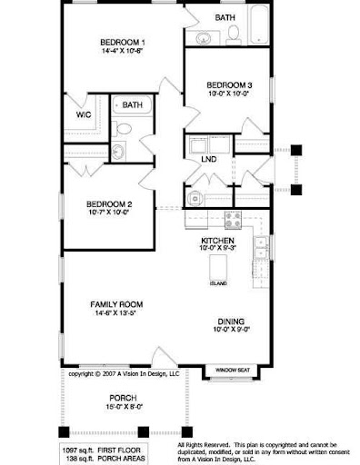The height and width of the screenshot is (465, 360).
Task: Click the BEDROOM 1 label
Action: click(123, 43)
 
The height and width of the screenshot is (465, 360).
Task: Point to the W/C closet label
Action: click(83, 115)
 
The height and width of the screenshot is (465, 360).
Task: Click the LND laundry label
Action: click(208, 160)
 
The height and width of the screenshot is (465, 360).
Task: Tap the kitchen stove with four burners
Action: click(232, 220)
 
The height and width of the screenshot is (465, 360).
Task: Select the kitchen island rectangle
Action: click(217, 267)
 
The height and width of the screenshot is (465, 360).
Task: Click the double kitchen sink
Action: click(261, 246)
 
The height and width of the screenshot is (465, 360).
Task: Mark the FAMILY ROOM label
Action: click(115, 303)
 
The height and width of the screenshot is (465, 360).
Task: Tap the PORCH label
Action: click(123, 397)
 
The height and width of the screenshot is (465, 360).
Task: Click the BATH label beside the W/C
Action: click(133, 104)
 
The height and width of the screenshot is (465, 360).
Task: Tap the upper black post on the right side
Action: click(295, 149)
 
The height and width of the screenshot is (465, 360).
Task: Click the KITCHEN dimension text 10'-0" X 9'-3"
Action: click(218, 247)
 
